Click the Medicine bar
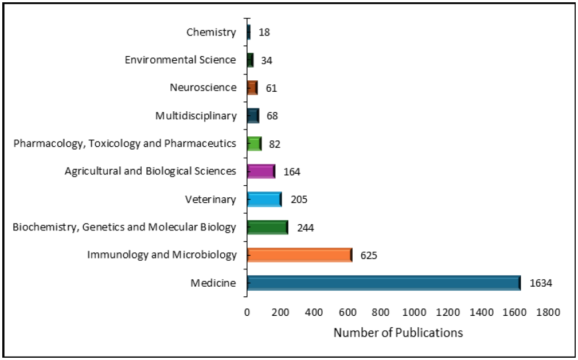pyautogui.click(x=384, y=283)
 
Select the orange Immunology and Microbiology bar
pyautogui.click(x=300, y=255)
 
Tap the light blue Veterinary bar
pyautogui.click(x=265, y=199)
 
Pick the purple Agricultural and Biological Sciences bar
pyautogui.click(x=261, y=171)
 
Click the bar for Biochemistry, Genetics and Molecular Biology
pyautogui.click(x=268, y=227)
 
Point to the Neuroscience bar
pyautogui.click(x=252, y=88)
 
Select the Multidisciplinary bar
pyautogui.click(x=253, y=116)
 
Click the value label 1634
pyautogui.click(x=541, y=283)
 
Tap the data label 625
pyautogui.click(x=369, y=255)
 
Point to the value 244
pyautogui.click(x=306, y=228)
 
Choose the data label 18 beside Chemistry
pyautogui.click(x=264, y=33)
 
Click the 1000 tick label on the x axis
pyautogui.click(x=414, y=312)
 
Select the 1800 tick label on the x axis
pyautogui.click(x=548, y=312)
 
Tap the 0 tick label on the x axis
pyautogui.click(x=247, y=312)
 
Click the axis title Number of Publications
pyautogui.click(x=398, y=332)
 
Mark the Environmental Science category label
pyautogui.click(x=180, y=60)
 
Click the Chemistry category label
pyautogui.click(x=211, y=33)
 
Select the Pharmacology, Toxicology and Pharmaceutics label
pyautogui.click(x=124, y=143)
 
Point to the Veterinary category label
pyautogui.click(x=210, y=199)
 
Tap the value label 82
pyautogui.click(x=275, y=144)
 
